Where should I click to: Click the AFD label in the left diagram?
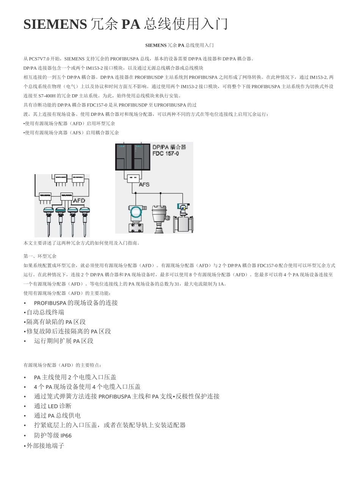[x=79, y=200]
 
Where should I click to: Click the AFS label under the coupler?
[x=144, y=184]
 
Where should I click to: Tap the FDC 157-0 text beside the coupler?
[x=166, y=154]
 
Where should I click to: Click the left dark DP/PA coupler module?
[x=124, y=156]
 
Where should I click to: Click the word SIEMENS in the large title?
[x=55, y=24]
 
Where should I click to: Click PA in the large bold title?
[x=131, y=24]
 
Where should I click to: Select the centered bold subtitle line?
[x=180, y=45]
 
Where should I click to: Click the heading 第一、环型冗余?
[x=40, y=256]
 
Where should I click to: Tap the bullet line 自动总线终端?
[x=45, y=312]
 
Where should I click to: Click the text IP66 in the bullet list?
[x=66, y=436]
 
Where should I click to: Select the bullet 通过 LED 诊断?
[x=53, y=406]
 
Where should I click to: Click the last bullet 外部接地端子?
[x=45, y=446]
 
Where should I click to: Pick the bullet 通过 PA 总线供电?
[x=57, y=416]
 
